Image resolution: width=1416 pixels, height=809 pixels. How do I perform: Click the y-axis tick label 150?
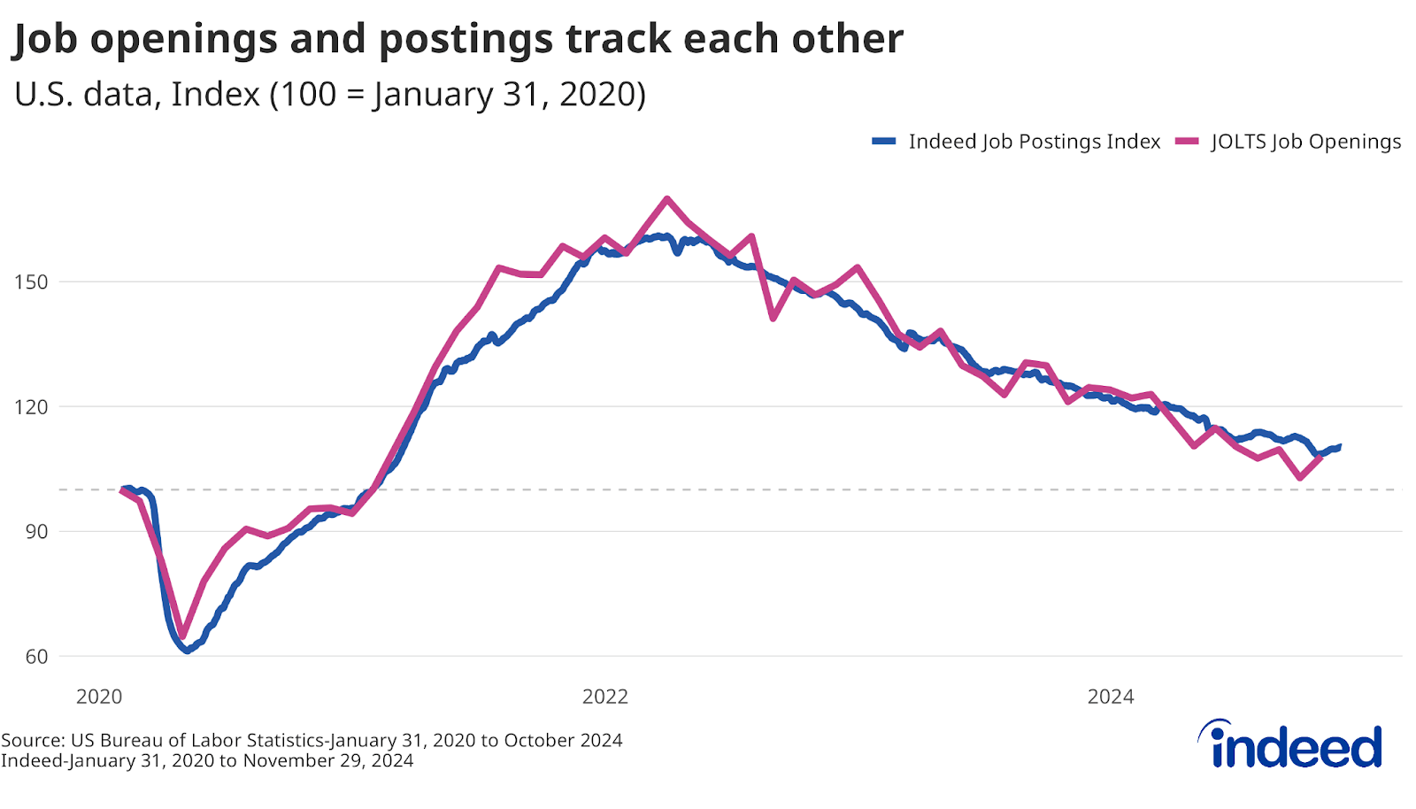30,282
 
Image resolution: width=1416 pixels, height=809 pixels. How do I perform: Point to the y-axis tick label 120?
30,407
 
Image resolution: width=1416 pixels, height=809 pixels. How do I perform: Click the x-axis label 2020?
99,697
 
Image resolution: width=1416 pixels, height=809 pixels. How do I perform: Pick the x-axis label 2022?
605,697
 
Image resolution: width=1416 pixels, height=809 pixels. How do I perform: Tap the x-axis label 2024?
1111,697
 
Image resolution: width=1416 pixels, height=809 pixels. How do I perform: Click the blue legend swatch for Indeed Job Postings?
884,142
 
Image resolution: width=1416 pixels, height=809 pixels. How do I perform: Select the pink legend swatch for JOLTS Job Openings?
1187,142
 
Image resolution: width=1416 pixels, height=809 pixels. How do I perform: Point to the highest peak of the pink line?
666,199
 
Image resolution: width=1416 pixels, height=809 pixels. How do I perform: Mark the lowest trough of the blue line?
187,651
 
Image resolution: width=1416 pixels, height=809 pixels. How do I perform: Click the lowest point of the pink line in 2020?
182,636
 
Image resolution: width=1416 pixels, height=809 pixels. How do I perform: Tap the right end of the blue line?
1339,446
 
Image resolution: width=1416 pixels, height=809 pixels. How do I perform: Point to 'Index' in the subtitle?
215,94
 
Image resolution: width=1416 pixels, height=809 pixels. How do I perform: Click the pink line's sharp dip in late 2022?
773,318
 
